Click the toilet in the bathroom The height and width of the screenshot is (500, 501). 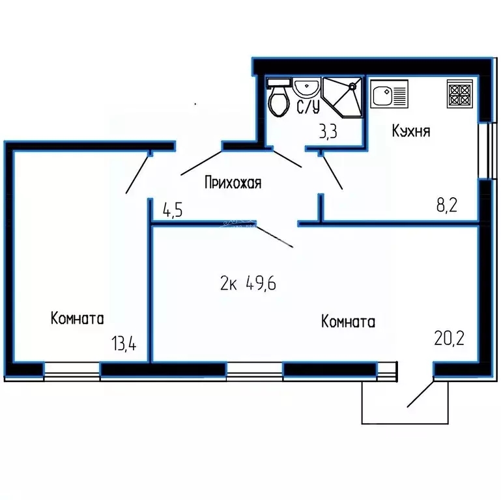tap(279, 97)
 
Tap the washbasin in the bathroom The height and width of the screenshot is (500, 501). tap(307, 87)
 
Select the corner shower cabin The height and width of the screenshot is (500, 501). tap(343, 98)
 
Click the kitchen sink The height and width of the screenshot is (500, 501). tap(389, 94)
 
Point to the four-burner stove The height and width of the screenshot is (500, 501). tap(460, 93)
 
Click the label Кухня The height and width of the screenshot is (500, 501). tap(411, 131)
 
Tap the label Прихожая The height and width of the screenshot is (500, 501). tap(233, 183)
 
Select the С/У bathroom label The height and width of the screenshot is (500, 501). tap(308, 107)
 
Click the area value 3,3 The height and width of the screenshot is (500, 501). tap(328, 132)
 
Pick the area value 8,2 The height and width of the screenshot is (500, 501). tap(447, 205)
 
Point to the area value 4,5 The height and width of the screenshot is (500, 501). tap(173, 210)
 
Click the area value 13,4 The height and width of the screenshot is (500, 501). tap(124, 344)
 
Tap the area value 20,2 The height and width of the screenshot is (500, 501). tap(449, 339)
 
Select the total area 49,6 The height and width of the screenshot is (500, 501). tap(261, 283)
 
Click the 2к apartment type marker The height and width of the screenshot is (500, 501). tap(229, 283)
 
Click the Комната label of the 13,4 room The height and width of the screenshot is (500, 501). tap(78, 318)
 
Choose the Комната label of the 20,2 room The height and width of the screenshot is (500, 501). tap(348, 321)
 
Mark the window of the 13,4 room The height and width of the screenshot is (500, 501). tap(72, 371)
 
